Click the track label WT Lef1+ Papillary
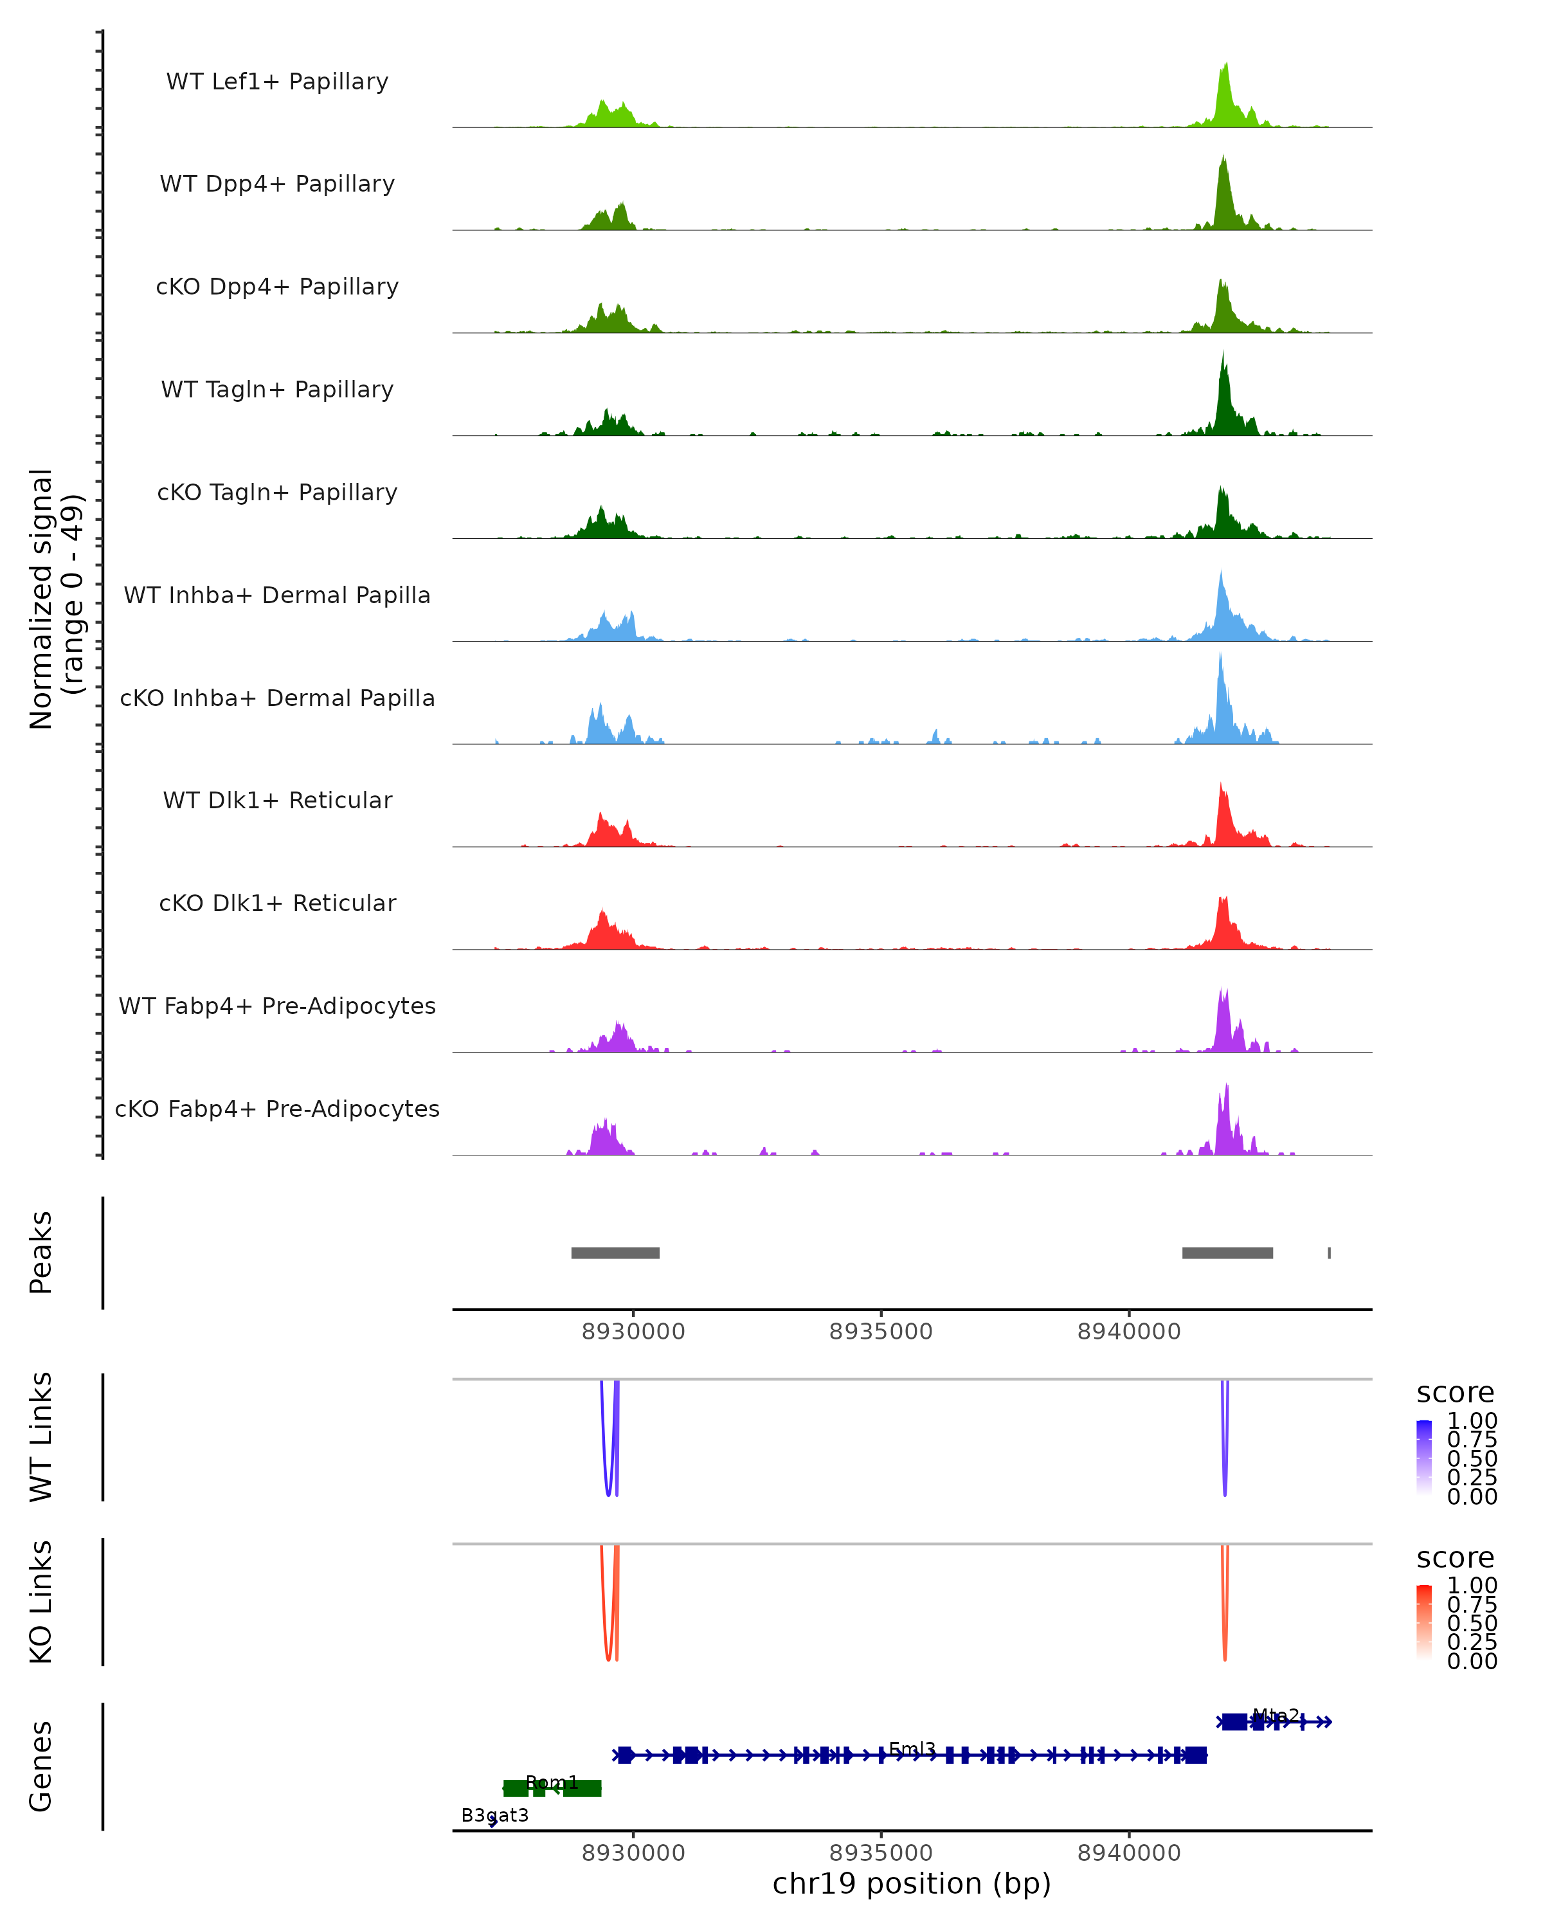pos(277,82)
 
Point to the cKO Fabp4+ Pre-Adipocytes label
pos(277,1109)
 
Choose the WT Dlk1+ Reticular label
pos(277,800)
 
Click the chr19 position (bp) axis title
pos(912,1883)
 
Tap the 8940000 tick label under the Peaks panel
pos(1129,1332)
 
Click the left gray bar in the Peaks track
pos(615,1253)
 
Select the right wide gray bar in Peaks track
pos(1227,1253)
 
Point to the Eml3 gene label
pos(912,1748)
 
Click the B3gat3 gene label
pos(494,1815)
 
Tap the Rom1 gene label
pos(552,1782)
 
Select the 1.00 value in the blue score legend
pos(1472,1421)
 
